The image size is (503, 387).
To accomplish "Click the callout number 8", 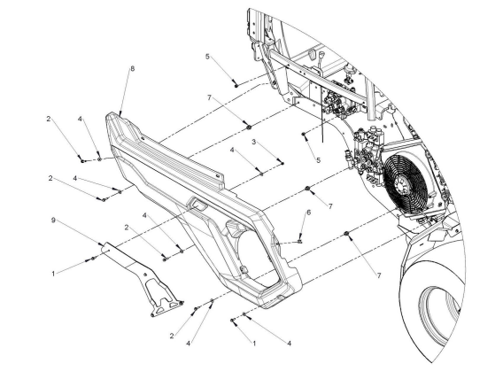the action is pos(133,68).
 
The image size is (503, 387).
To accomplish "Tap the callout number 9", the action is pos(53,221).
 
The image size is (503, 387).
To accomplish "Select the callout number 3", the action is pos(254,142).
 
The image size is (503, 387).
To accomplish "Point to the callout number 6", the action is pos(308,213).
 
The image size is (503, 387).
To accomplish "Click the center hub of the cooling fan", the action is pos(401,185).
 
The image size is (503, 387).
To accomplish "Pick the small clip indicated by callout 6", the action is pos(299,241).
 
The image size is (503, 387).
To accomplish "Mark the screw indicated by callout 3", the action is pos(282,163).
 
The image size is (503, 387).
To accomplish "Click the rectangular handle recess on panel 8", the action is pos(197,204).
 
